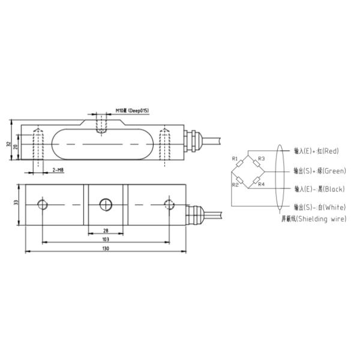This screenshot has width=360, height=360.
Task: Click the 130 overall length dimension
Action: point(106,248)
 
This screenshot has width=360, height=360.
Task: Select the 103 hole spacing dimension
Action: point(106,239)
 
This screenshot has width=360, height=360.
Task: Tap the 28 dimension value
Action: point(106,230)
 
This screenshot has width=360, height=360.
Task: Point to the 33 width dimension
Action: point(16,203)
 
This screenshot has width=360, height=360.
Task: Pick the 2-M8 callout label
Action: point(58,171)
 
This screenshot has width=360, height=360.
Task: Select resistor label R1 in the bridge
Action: point(235,158)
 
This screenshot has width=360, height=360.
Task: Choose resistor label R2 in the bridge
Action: point(235,184)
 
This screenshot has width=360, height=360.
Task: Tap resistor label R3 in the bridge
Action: point(261,158)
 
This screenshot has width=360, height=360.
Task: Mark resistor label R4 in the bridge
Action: point(261,184)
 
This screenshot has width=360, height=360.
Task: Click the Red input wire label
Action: point(317,151)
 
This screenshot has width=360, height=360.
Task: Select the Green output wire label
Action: point(319,170)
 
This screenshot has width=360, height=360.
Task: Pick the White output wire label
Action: point(319,207)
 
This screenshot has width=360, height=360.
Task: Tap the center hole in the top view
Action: point(106,205)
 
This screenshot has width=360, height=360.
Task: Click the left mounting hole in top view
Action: point(42,205)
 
